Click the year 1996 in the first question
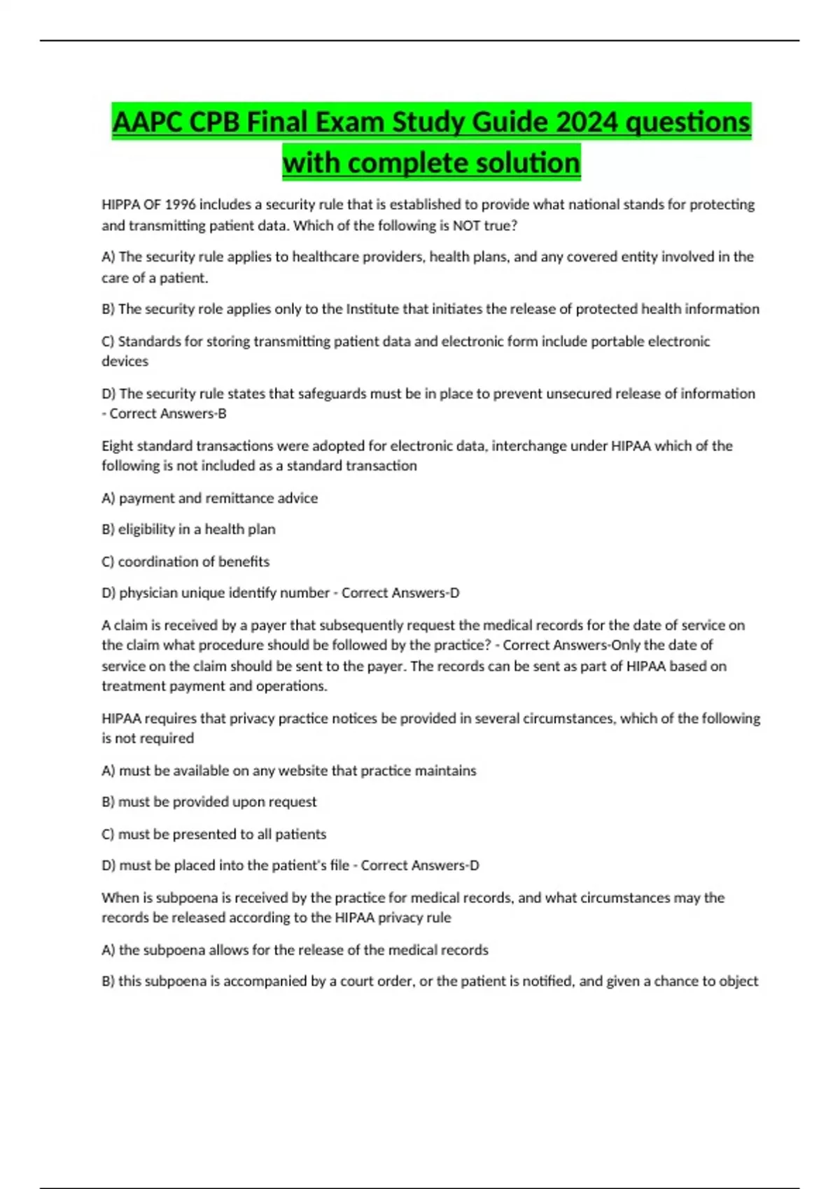click(x=181, y=205)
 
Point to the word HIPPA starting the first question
click(x=120, y=205)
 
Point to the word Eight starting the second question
click(x=117, y=446)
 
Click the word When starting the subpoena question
click(x=120, y=898)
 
